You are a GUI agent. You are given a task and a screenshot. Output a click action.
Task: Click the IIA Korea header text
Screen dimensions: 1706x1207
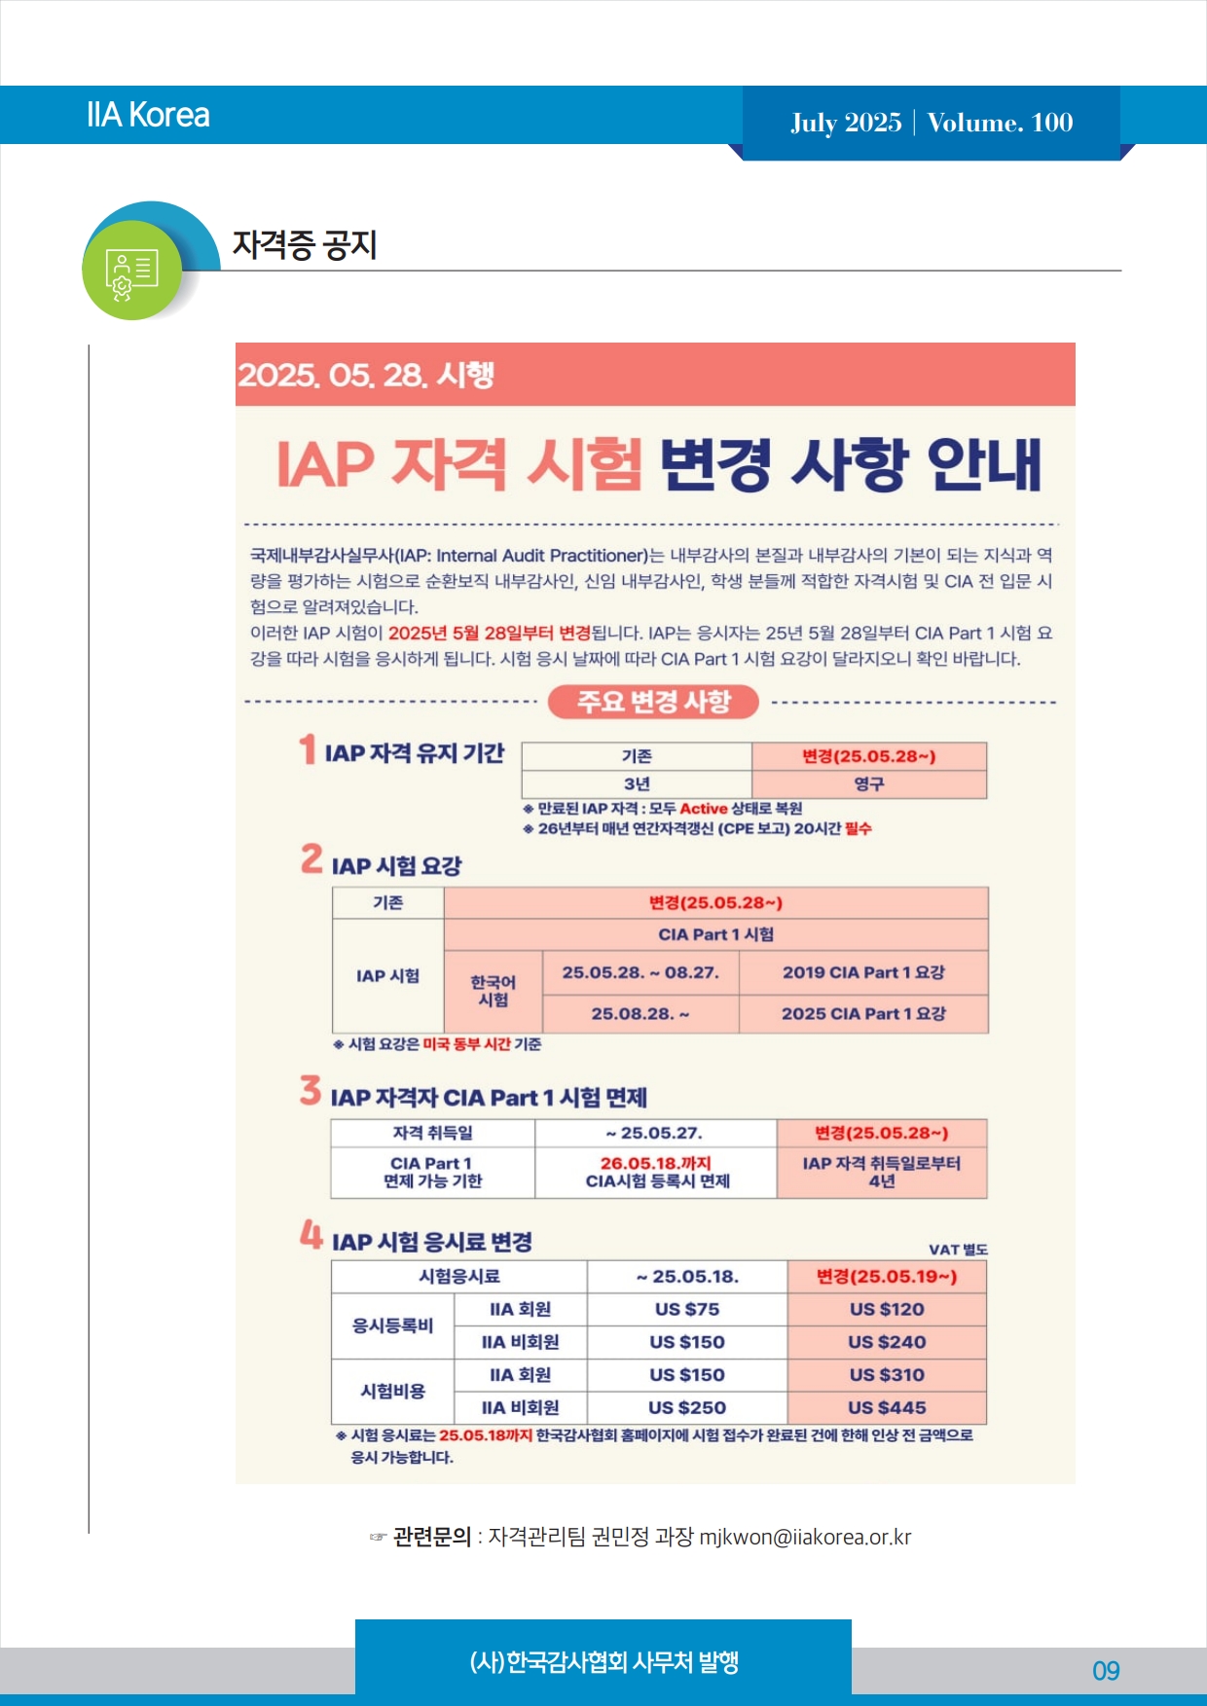pyautogui.click(x=148, y=115)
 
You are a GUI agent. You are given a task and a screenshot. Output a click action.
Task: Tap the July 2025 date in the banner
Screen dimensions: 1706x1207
pyautogui.click(x=846, y=123)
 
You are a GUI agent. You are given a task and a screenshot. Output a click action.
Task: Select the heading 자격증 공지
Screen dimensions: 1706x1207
pyautogui.click(x=304, y=244)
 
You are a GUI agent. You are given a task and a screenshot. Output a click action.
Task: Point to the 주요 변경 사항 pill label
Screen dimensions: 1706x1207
pyautogui.click(x=653, y=702)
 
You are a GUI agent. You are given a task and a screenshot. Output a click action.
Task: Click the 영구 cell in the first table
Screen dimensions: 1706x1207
pyautogui.click(x=868, y=783)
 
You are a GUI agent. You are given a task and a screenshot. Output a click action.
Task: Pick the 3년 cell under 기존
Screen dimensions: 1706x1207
pyautogui.click(x=637, y=783)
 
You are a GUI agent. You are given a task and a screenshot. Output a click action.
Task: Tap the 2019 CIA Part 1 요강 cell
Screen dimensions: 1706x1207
pyautogui.click(x=863, y=972)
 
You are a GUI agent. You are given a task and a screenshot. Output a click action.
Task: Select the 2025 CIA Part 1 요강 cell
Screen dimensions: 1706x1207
pyautogui.click(x=863, y=1013)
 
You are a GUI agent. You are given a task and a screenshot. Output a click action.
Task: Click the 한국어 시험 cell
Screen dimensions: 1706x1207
pyautogui.click(x=493, y=991)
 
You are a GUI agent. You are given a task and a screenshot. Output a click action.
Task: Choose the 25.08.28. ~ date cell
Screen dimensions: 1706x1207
pyautogui.click(x=640, y=1013)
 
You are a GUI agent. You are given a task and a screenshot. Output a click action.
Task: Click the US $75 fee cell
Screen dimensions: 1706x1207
pyautogui.click(x=687, y=1309)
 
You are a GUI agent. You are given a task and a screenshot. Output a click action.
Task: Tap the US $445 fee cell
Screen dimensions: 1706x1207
pyautogui.click(x=887, y=1407)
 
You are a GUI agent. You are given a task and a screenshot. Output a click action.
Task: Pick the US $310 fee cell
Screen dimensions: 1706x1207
pyautogui.click(x=887, y=1374)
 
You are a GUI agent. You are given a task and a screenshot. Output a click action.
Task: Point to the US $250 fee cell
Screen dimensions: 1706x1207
pyautogui.click(x=687, y=1407)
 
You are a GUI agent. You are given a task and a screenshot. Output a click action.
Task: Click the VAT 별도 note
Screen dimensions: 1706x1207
pyautogui.click(x=958, y=1250)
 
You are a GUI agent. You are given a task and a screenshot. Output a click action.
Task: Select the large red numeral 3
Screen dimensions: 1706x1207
pyautogui.click(x=310, y=1090)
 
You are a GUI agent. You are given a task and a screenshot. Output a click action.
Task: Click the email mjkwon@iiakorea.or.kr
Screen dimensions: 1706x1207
pyautogui.click(x=805, y=1537)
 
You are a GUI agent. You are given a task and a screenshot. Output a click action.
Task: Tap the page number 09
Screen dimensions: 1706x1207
pyautogui.click(x=1106, y=1671)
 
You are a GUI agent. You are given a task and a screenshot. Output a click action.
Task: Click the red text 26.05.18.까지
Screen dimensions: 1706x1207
pyautogui.click(x=656, y=1163)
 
